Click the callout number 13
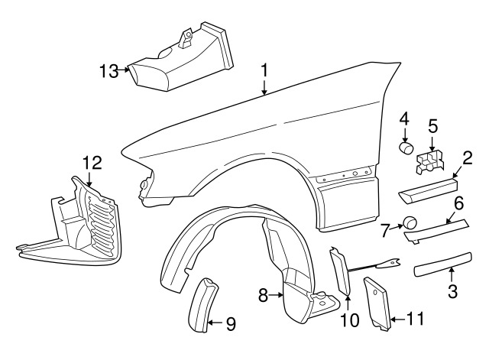point(108,71)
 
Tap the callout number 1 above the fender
point(264,70)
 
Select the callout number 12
point(92,163)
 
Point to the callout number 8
point(263,295)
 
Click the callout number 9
point(231,324)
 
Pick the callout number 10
point(350,320)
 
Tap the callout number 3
point(452,292)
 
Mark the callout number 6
point(458,203)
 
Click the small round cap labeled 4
point(406,148)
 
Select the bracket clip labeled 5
point(429,162)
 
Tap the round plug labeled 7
point(410,222)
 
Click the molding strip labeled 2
point(428,190)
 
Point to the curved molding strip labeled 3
point(443,264)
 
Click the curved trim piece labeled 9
point(202,306)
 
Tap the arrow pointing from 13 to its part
point(124,70)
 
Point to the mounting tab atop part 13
point(186,38)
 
